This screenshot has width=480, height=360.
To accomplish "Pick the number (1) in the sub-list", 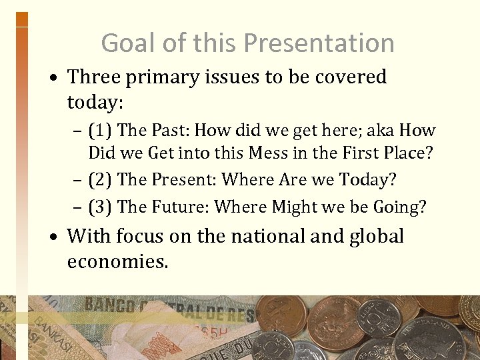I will coord(100,131).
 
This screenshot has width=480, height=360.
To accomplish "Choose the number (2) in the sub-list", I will coord(100,179).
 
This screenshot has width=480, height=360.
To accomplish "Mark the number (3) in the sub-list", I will coord(100,207).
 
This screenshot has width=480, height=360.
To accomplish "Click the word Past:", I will coord(171,131).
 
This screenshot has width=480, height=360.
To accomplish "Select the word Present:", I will coord(184,179).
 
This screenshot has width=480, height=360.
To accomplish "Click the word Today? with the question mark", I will coord(368,179).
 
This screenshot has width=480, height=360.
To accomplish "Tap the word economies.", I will coord(117,261).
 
